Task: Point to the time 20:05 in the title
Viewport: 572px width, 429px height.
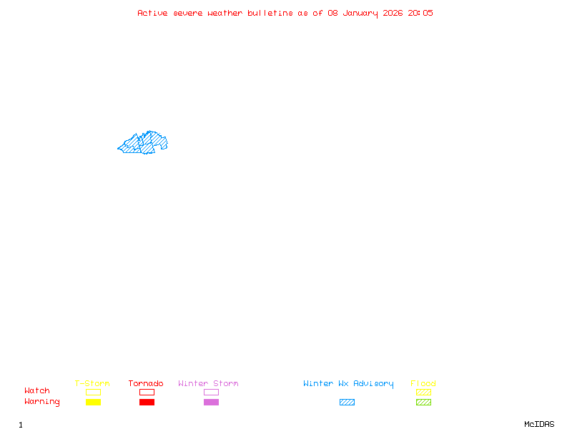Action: tap(420, 13)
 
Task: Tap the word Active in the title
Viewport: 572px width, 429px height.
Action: tap(152, 13)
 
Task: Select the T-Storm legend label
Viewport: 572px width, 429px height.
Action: tap(92, 384)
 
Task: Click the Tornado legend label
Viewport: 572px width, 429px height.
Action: tap(146, 384)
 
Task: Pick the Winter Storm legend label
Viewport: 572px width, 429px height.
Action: tap(208, 384)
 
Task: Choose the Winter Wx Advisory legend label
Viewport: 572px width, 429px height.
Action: tap(348, 384)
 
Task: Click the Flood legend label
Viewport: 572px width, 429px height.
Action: tap(423, 384)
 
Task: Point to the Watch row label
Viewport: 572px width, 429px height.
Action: tap(37, 391)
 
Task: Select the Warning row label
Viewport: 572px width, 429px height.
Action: tap(42, 402)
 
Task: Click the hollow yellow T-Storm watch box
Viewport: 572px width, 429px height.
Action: tap(93, 392)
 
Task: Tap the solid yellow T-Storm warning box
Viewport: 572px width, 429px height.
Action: tap(93, 402)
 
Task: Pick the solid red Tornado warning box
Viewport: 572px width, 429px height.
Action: tap(147, 402)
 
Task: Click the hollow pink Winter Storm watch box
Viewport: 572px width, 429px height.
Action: tap(211, 392)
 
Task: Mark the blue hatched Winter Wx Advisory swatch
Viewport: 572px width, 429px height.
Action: tap(347, 402)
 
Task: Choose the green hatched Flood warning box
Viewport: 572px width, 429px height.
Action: tap(423, 402)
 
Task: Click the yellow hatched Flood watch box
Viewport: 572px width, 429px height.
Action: tap(423, 392)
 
